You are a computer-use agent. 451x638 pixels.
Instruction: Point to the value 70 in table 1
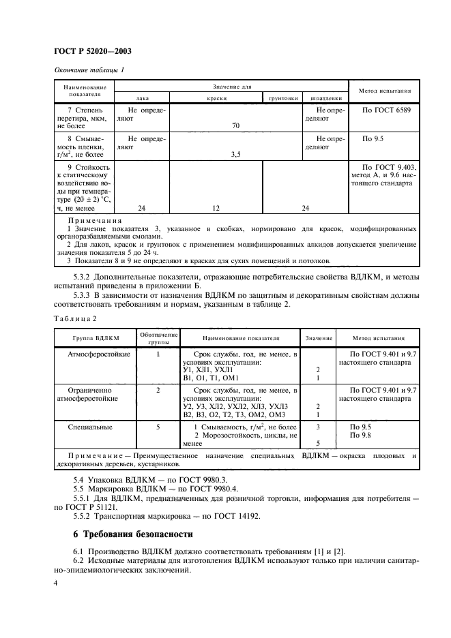pos(236,125)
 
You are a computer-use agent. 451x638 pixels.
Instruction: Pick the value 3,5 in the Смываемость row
pos(236,154)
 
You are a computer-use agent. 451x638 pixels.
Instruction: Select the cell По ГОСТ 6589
pos(386,109)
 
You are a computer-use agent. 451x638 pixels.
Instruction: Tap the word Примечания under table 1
pos(95,221)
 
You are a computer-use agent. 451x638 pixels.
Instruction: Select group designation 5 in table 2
pos(158,427)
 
